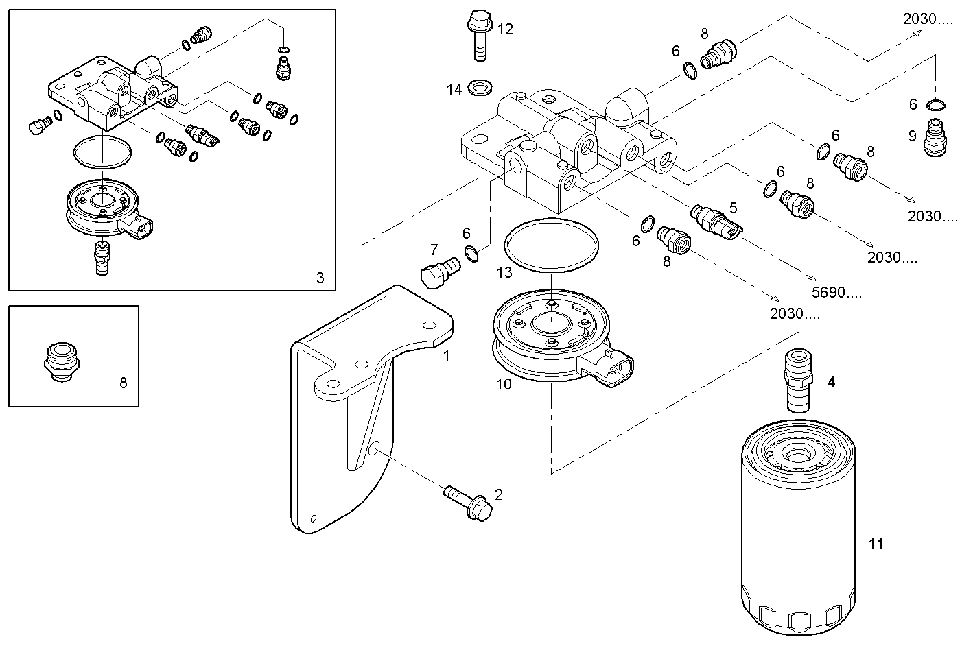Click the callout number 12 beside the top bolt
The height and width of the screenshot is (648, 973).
click(505, 29)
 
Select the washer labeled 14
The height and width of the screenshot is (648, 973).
click(478, 87)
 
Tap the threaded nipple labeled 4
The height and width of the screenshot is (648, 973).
click(799, 381)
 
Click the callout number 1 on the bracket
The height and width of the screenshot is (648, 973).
click(447, 356)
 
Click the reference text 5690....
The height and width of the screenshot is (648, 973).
click(836, 293)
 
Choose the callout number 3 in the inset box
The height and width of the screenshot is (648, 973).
click(320, 278)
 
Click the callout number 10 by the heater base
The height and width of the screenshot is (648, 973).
click(504, 384)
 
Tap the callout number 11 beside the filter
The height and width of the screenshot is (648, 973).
click(876, 544)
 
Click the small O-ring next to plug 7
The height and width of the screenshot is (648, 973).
click(471, 254)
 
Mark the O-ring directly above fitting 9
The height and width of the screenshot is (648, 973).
click(935, 104)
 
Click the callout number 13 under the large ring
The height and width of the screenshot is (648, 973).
click(504, 273)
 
